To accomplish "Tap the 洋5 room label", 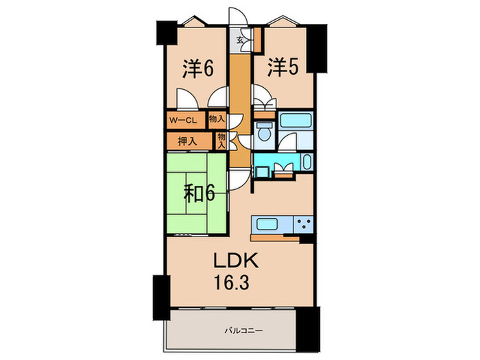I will click(283, 69).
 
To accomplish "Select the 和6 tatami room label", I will click(200, 195).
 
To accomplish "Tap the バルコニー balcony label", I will click(237, 331).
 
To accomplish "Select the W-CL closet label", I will click(184, 121).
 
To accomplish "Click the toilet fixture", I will click(263, 132).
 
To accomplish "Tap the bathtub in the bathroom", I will click(296, 122).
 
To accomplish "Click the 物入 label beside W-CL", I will click(217, 121).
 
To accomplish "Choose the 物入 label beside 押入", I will click(221, 141).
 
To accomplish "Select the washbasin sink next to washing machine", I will click(305, 163).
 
